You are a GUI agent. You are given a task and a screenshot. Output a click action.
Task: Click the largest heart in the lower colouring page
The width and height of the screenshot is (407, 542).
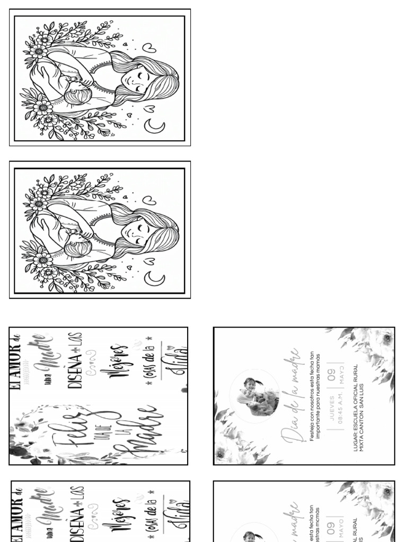(150, 200)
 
